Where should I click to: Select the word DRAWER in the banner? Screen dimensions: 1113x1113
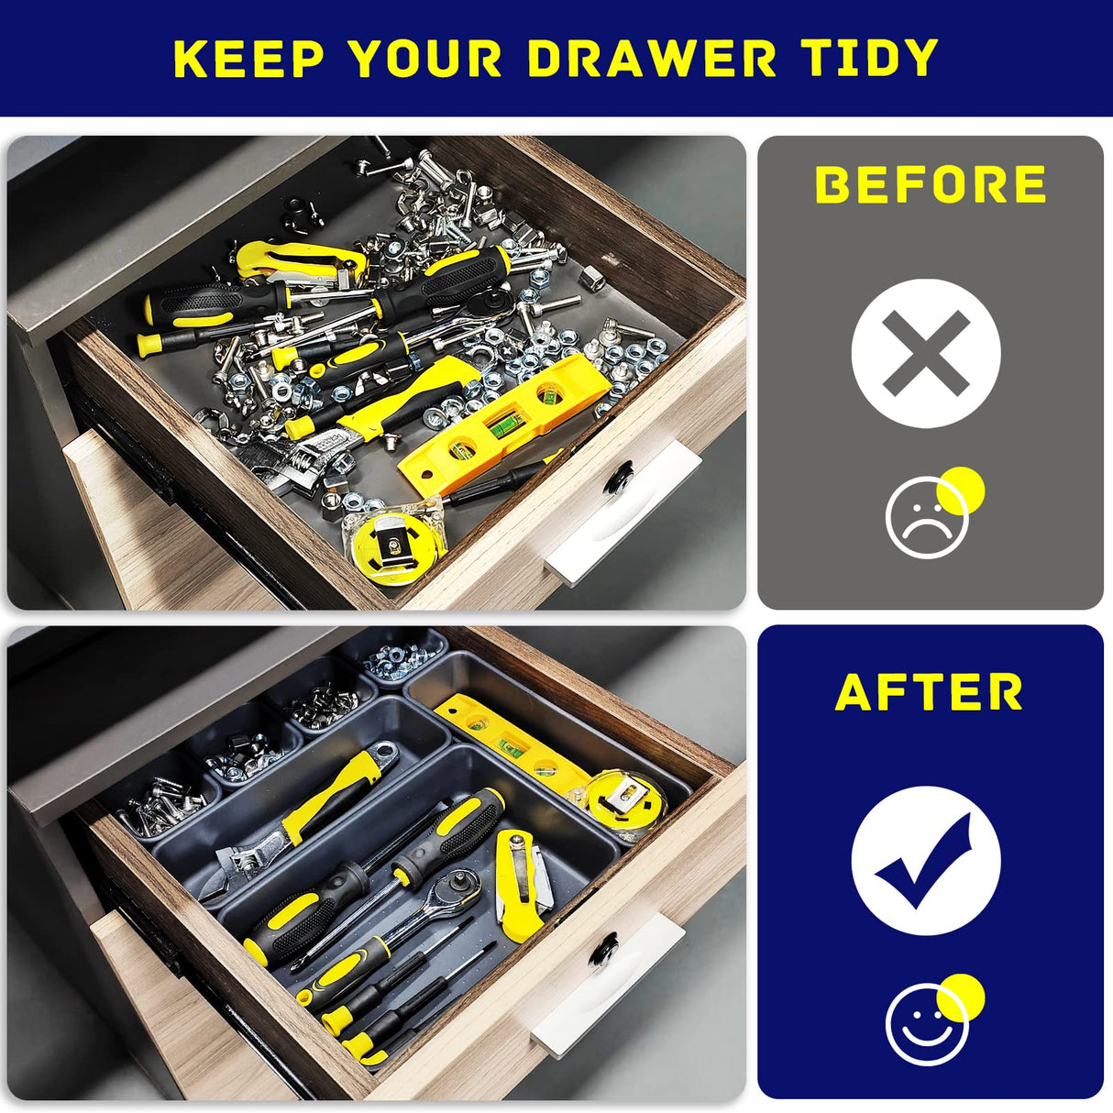coord(652,59)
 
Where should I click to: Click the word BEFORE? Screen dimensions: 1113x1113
coord(931,185)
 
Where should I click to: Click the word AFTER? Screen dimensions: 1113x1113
coord(929,692)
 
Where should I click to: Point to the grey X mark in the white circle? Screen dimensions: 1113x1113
coord(925,353)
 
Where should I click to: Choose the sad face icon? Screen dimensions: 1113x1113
coord(927,519)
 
